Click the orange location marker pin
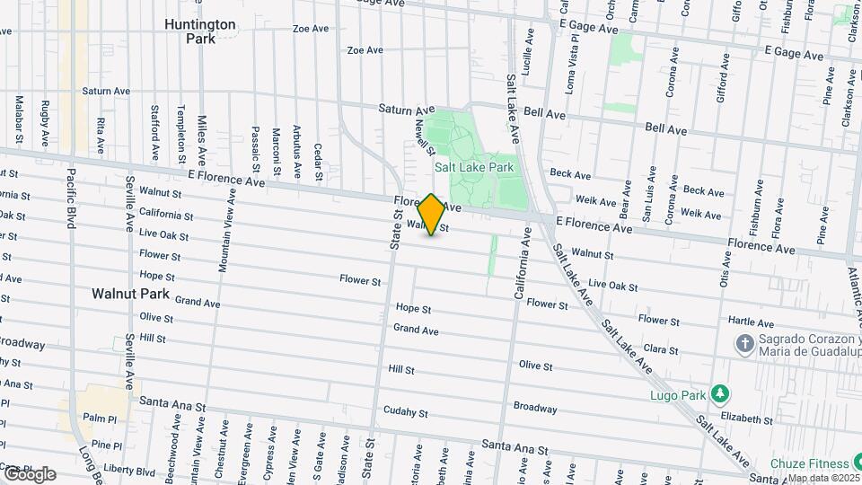[432, 215]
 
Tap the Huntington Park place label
[199, 31]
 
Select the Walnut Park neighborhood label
[130, 294]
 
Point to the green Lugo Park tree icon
[718, 393]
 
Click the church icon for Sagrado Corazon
[744, 344]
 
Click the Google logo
[29, 474]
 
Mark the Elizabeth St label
[747, 419]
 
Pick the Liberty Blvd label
[129, 471]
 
